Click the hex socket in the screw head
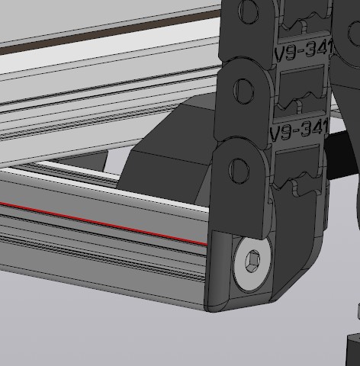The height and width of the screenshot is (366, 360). point(252,262)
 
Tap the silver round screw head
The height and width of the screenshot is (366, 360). point(252,265)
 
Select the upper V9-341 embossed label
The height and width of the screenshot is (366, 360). point(304,50)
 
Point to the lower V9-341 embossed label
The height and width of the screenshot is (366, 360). point(299,130)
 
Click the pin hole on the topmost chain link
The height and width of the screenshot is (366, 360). point(248,11)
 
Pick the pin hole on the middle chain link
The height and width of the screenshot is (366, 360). point(243,91)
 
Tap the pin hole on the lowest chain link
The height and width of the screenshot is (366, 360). point(239,171)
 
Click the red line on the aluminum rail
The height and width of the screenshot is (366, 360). point(104,223)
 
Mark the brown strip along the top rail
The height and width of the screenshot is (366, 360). point(109,31)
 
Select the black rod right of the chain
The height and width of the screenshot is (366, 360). point(339,155)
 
